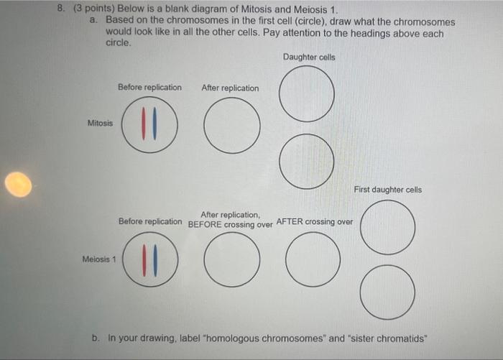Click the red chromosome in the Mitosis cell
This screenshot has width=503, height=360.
click(145, 124)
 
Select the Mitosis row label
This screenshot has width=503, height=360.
click(100, 123)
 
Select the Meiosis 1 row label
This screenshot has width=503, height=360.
click(98, 259)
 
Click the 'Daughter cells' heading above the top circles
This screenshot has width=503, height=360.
click(309, 57)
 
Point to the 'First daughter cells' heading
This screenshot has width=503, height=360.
click(387, 190)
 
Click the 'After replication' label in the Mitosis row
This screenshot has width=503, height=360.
click(230, 88)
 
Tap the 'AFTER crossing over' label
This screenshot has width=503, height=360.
click(314, 221)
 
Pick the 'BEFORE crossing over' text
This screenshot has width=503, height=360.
click(230, 224)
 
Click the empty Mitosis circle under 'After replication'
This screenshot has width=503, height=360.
click(231, 124)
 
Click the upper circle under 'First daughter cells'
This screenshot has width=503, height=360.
click(387, 226)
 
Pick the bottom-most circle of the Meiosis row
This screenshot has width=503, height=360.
click(387, 292)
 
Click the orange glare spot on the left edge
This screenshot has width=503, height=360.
click(18, 185)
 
